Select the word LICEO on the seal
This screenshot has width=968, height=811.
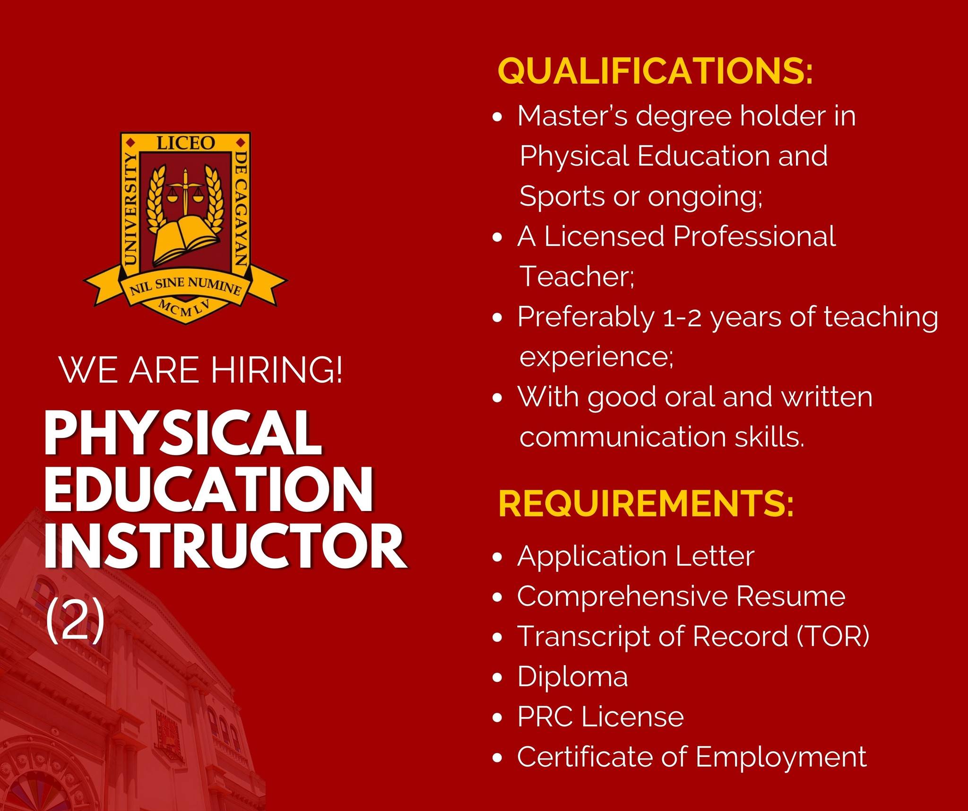[185, 143]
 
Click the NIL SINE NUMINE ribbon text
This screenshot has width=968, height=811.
[186, 286]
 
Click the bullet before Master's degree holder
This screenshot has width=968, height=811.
[497, 117]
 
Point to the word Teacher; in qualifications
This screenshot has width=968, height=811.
[577, 276]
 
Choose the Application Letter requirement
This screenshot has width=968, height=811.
[636, 557]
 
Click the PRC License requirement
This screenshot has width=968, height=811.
[601, 717]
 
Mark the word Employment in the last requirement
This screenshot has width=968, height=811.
[781, 758]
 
